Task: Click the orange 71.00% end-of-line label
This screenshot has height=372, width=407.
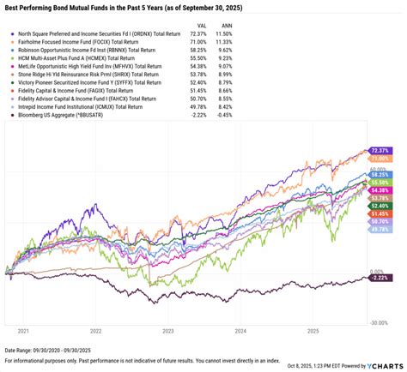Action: click(x=379, y=159)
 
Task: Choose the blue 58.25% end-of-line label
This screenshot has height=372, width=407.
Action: click(x=379, y=173)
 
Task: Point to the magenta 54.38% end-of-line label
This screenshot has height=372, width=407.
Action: click(x=379, y=189)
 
